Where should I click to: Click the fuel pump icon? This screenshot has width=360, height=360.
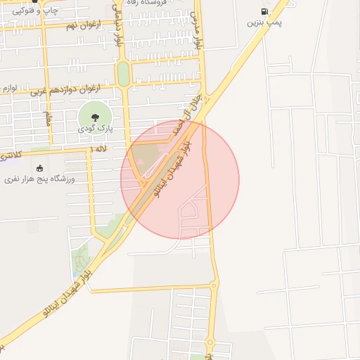pos(264,11)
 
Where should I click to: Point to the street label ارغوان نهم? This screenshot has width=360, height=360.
pos(84,25)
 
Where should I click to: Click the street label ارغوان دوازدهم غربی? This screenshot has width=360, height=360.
pos(65,90)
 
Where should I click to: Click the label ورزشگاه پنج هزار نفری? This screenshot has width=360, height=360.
pos(39,179)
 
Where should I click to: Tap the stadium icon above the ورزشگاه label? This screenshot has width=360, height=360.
pos(39,167)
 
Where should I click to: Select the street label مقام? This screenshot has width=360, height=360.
pos(48,116)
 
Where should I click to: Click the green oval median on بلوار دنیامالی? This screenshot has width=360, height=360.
pos(124,74)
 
